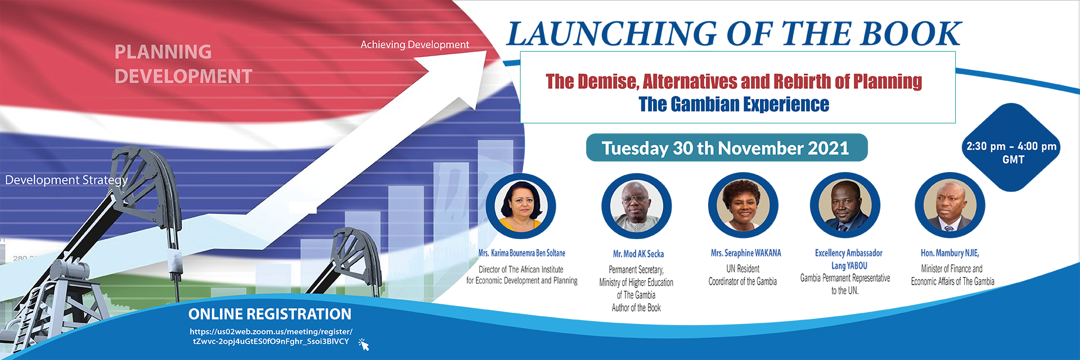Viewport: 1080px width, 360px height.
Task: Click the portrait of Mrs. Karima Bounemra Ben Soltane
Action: [521, 206]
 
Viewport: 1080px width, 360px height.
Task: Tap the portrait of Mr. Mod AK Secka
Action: [636, 207]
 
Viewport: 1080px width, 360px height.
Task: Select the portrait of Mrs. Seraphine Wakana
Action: [743, 206]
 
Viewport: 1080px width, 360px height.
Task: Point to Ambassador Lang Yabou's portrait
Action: [845, 206]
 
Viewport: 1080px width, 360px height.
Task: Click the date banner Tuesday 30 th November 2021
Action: [726, 148]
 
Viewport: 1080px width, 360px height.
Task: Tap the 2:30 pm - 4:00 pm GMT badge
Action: [1011, 152]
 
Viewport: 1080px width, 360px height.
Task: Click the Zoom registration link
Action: [271, 336]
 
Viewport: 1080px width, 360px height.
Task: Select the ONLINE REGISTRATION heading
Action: [269, 314]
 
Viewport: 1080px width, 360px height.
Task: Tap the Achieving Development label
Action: [415, 44]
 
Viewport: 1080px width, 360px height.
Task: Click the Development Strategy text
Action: [66, 180]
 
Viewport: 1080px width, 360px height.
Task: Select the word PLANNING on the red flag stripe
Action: [163, 52]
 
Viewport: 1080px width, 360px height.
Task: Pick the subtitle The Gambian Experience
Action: [733, 105]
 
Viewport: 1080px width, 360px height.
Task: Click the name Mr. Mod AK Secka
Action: [638, 254]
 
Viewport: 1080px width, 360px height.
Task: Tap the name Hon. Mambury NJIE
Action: [949, 253]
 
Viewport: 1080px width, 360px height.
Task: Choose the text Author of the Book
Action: [636, 308]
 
